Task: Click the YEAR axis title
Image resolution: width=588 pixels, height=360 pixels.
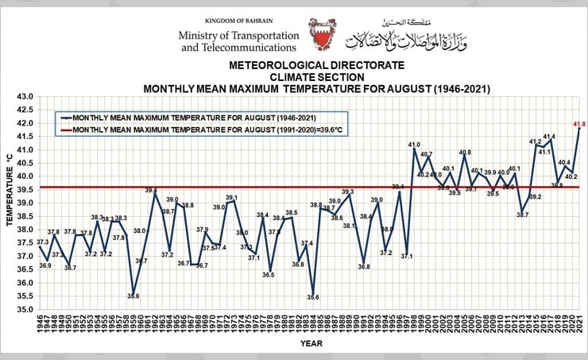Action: click(311, 343)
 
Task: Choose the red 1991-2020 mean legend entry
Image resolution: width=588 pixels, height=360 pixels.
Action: click(199, 129)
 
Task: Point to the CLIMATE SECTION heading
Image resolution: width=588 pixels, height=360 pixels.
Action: click(316, 76)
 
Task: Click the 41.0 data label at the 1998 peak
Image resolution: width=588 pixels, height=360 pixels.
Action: click(414, 145)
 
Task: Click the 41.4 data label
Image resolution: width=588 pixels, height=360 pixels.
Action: click(549, 137)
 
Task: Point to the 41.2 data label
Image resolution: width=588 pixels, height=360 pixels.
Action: click(535, 142)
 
